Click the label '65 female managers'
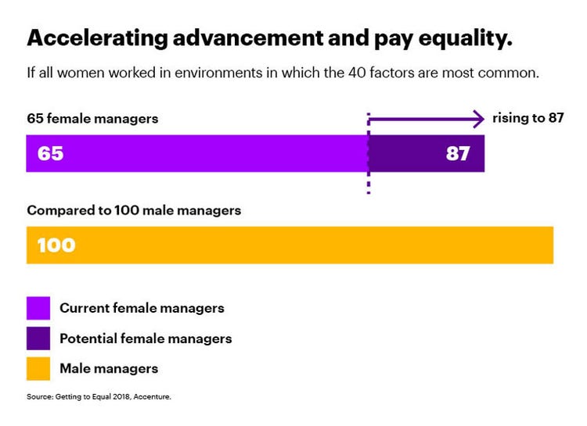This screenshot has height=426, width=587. pyautogui.click(x=92, y=120)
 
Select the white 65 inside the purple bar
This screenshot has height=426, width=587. pyautogui.click(x=50, y=154)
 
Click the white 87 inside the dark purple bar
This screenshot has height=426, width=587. pyautogui.click(x=458, y=154)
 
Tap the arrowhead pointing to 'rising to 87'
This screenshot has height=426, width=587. pyautogui.click(x=477, y=120)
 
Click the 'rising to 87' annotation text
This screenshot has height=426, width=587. pyautogui.click(x=528, y=119)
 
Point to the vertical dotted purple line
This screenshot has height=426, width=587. pyautogui.click(x=368, y=184)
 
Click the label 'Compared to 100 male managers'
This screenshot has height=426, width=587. pyautogui.click(x=134, y=211)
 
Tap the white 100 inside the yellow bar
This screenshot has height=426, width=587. pyautogui.click(x=56, y=245)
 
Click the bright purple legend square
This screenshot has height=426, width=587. pyautogui.click(x=38, y=308)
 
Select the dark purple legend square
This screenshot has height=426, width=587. pyautogui.click(x=38, y=338)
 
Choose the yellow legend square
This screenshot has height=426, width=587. pyautogui.click(x=38, y=368)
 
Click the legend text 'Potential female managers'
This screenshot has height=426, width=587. pyautogui.click(x=146, y=338)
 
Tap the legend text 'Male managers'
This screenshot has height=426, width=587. pyautogui.click(x=109, y=368)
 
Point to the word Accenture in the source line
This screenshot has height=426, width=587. pyautogui.click(x=152, y=397)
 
